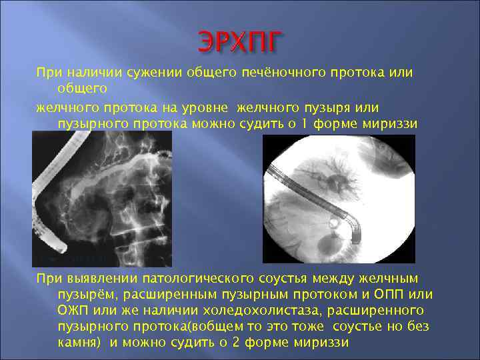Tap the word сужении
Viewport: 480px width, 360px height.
pyautogui.click(x=149, y=72)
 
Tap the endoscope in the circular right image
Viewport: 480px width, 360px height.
pyautogui.click(x=313, y=200)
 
